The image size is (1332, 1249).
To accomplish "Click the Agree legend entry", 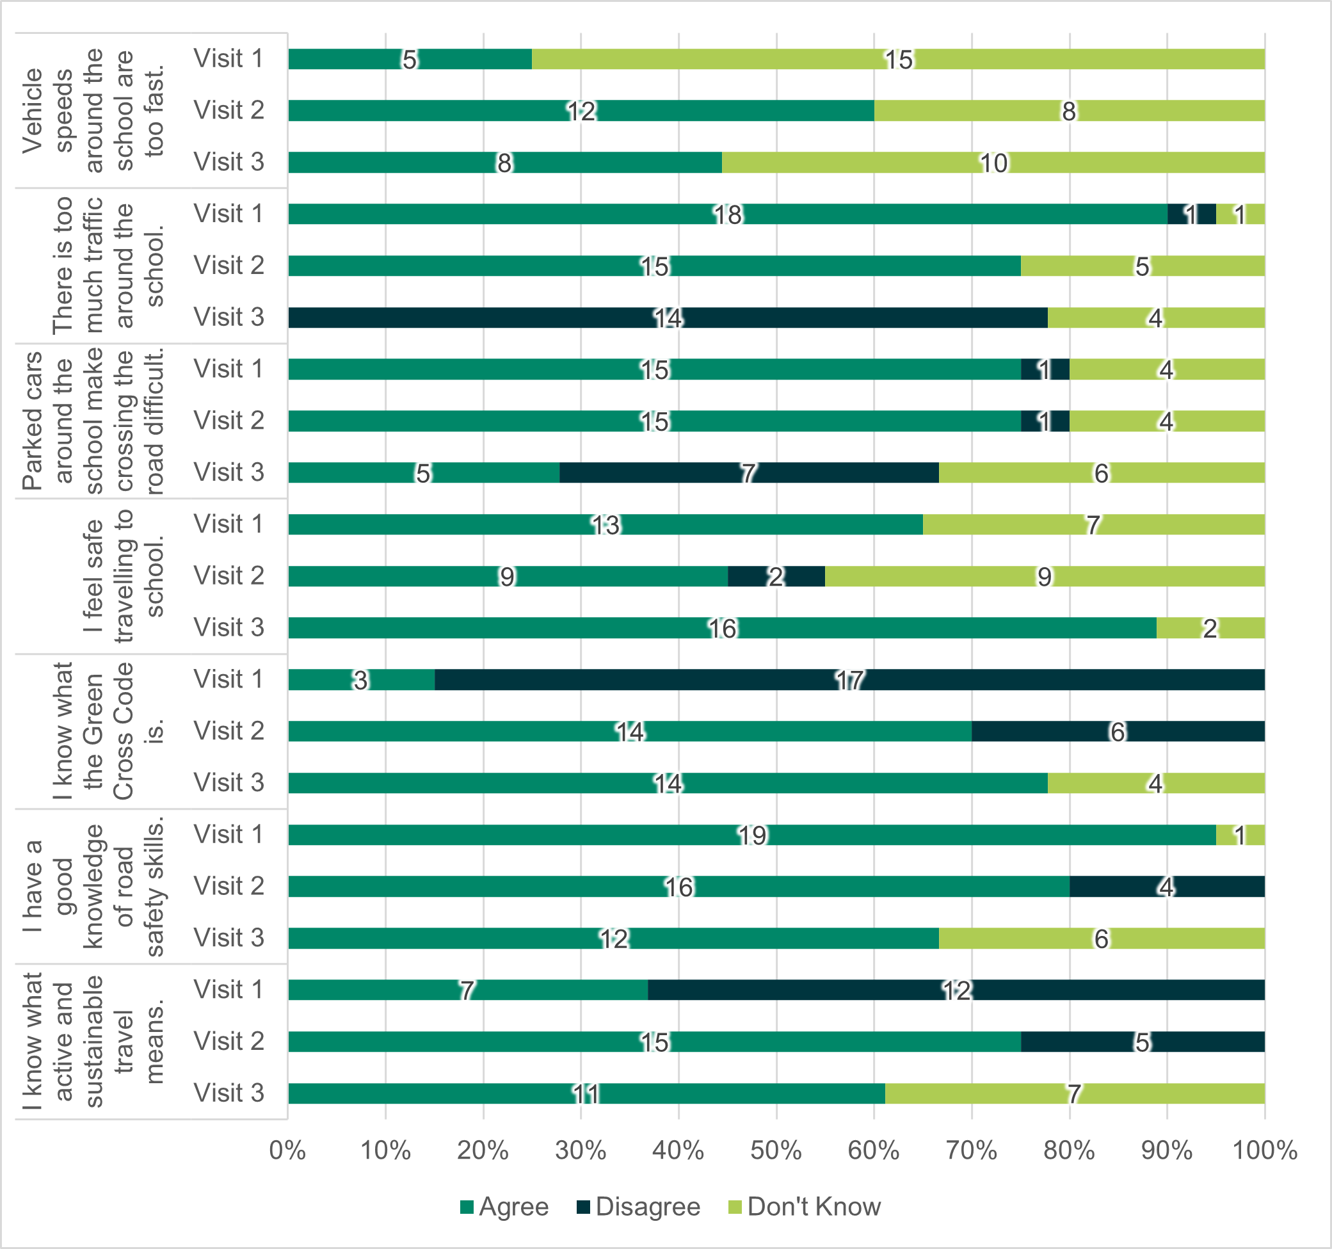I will point(504,1207).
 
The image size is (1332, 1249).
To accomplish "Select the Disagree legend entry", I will point(639,1207).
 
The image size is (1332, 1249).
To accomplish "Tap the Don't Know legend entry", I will point(805,1207).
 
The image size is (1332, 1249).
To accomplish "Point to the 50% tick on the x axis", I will point(776,1150).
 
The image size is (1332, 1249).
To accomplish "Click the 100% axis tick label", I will point(1264,1150).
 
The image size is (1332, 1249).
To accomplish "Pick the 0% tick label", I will point(287,1150).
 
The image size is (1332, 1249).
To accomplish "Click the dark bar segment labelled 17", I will point(849,679).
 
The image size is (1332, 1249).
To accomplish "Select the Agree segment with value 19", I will point(751,835).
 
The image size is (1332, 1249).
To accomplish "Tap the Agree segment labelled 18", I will point(728,214).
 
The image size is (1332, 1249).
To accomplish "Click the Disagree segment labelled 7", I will point(748,472).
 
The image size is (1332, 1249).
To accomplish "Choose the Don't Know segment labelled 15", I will point(898,60).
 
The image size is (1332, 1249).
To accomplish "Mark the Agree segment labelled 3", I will point(361,679).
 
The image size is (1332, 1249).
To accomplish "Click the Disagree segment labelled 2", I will point(776,576).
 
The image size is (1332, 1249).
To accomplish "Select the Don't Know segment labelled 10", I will point(993,163).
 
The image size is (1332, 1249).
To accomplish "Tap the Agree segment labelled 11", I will point(586,1093).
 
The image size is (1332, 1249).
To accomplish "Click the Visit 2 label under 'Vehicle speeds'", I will point(229,111).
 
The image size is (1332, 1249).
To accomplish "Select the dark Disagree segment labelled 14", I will point(668,318).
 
